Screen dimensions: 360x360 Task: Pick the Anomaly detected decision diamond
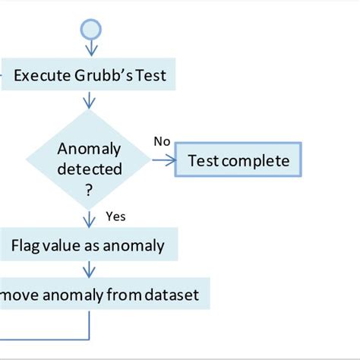tap(90, 160)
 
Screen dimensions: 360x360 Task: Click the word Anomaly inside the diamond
tap(90, 149)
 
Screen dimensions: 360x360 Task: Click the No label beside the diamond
tap(161, 141)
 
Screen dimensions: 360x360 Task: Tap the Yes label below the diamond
tap(115, 216)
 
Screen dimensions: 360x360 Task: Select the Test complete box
tap(238, 160)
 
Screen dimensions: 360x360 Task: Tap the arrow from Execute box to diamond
tap(90, 99)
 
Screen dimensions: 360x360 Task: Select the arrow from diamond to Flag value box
tap(90, 219)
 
